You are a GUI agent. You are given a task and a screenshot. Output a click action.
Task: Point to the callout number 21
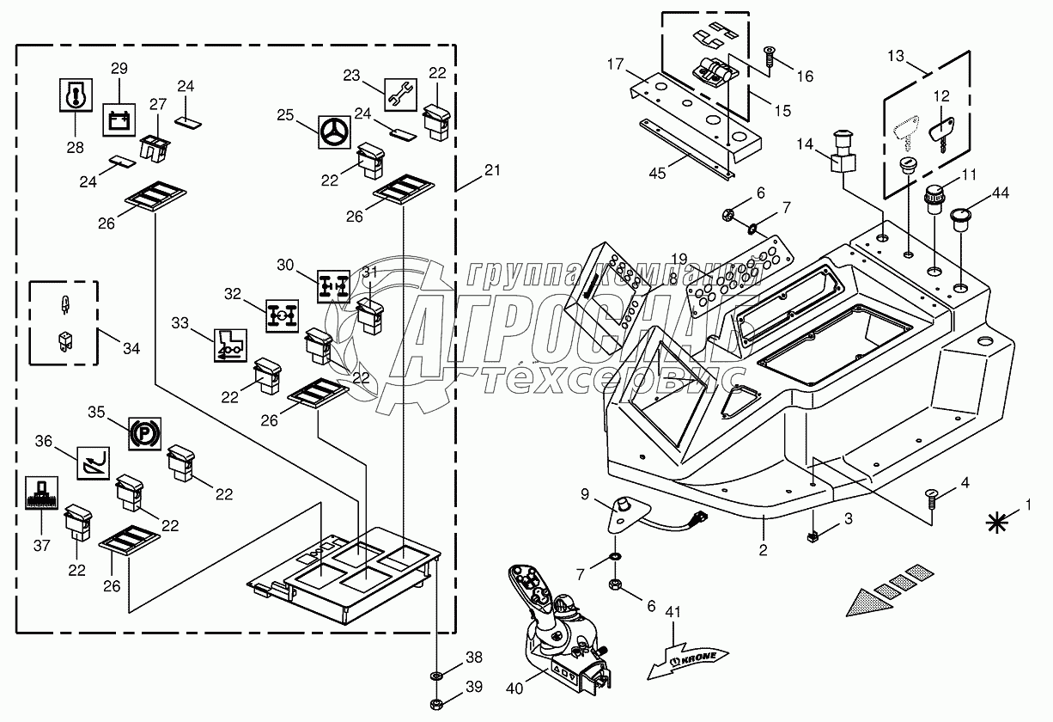click(x=490, y=171)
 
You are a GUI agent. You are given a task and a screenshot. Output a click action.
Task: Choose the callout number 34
click(x=131, y=348)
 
